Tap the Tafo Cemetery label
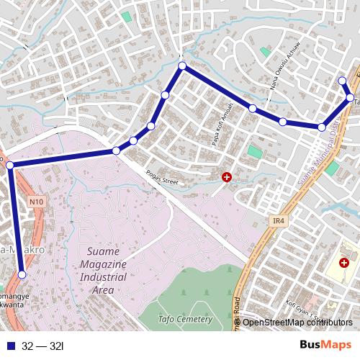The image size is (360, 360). pos(185,319)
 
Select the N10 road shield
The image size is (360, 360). pos(37,203)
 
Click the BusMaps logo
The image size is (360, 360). pos(325,345)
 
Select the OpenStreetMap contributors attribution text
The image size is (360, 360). pos(297,322)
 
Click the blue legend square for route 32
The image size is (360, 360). pos(9,346)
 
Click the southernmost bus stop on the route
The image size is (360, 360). pos(22,274)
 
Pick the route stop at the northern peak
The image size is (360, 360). pos(182,66)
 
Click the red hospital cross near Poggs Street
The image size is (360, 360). pos(227,176)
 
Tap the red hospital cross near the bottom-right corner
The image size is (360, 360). pos(343,264)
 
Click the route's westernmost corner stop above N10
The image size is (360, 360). pos(10,166)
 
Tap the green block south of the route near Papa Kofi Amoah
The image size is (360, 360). pos(255,152)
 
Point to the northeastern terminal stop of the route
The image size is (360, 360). pos(343,81)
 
